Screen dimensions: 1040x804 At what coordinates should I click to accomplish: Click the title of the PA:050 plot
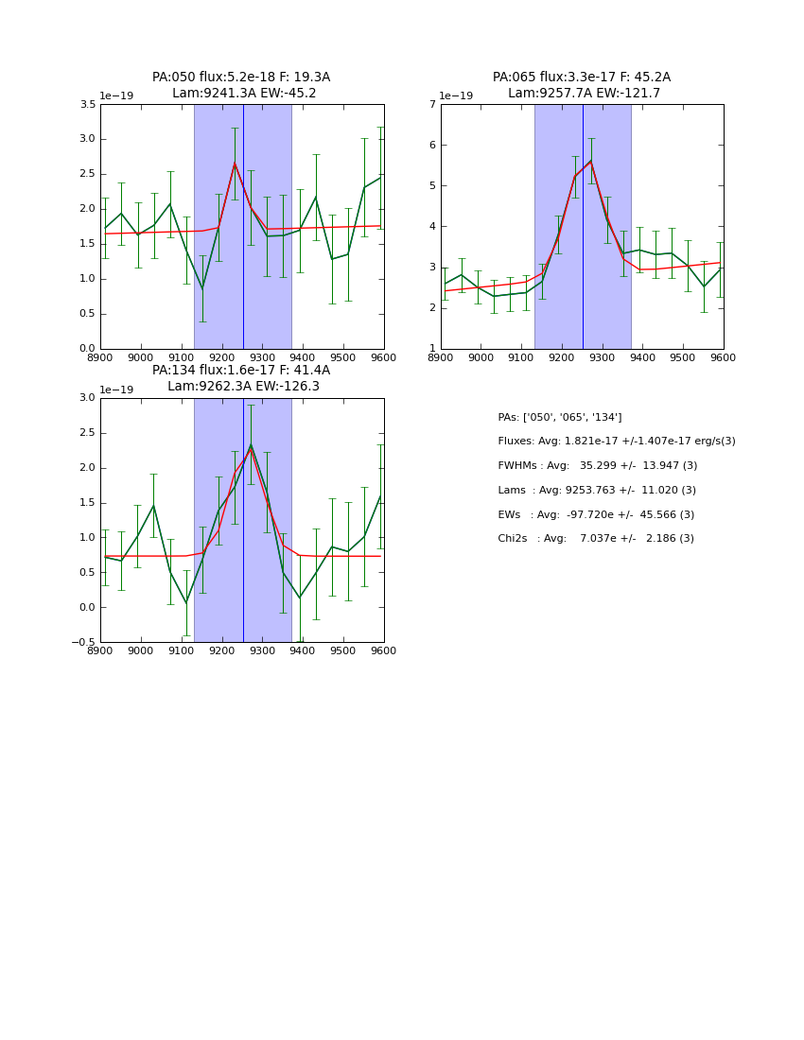241,85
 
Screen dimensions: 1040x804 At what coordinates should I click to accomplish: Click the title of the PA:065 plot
582,85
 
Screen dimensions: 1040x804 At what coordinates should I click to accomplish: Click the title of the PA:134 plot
241,378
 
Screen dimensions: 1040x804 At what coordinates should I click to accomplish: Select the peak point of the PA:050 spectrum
235,163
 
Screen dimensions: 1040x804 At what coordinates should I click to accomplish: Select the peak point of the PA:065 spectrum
591,161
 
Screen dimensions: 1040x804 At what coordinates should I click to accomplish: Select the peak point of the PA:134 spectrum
251,445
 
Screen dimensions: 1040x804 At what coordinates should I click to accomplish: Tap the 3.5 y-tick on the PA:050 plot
86,105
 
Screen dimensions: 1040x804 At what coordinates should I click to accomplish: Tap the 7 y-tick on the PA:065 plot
431,105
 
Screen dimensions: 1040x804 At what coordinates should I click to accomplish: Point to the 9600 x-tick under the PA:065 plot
724,358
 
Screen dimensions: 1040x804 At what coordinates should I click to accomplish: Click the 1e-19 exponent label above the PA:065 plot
457,95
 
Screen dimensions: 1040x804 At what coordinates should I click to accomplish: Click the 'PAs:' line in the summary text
559,417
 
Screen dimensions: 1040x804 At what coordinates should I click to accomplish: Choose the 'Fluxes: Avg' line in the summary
616,442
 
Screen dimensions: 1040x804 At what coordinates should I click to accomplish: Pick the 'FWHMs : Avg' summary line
597,466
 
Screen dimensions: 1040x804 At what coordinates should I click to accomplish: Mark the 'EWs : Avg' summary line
596,514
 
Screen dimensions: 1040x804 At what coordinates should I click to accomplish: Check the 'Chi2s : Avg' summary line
596,538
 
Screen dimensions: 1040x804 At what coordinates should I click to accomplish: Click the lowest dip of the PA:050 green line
202,288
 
